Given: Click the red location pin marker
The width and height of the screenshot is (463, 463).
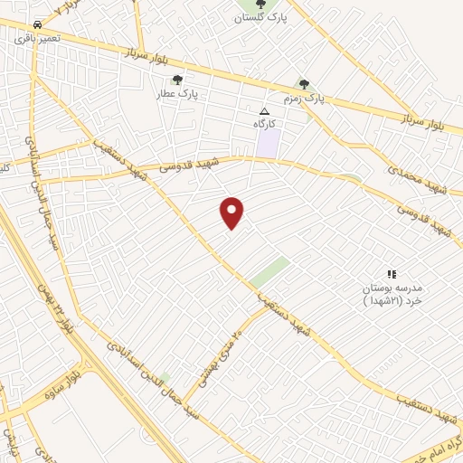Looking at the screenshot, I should pyautogui.click(x=232, y=213).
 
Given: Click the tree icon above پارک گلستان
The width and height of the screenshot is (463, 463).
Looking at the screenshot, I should pyautogui.click(x=260, y=4).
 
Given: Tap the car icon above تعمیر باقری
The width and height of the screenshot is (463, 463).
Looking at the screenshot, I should pyautogui.click(x=36, y=24).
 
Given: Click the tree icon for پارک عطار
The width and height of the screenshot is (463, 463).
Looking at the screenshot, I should pyautogui.click(x=177, y=80).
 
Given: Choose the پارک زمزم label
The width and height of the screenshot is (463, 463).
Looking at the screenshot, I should pyautogui.click(x=302, y=97).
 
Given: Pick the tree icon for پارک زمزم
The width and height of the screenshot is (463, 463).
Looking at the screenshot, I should pyautogui.click(x=304, y=83).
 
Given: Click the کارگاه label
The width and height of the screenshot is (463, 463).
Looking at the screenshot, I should pyautogui.click(x=264, y=122).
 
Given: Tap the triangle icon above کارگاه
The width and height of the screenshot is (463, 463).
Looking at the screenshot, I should pyautogui.click(x=264, y=110).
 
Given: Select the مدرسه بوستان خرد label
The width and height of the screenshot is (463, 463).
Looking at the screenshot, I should pyautogui.click(x=391, y=294).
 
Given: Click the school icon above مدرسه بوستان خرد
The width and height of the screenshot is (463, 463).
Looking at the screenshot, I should pyautogui.click(x=392, y=274).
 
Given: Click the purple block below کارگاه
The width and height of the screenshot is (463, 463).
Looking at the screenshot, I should pyautogui.click(x=268, y=143).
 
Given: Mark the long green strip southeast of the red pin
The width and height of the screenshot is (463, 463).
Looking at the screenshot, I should pyautogui.click(x=269, y=271).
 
